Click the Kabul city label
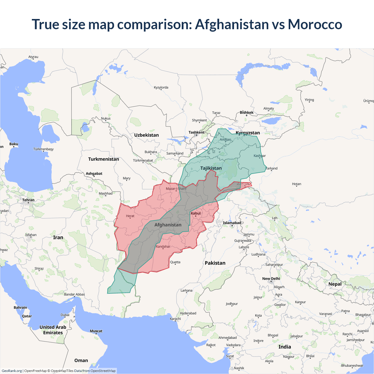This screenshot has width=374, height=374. click(x=196, y=213)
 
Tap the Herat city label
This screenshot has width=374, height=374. click(x=130, y=216)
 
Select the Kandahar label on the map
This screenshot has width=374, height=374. click(x=163, y=247)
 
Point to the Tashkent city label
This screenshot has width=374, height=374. click(x=196, y=132)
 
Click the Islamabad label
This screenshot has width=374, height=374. click(x=232, y=223)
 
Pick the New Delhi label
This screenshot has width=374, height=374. click(x=271, y=279)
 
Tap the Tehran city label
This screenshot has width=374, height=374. click(x=28, y=200)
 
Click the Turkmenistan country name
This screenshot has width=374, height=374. click(x=103, y=159)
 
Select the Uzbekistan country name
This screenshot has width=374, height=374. click(x=146, y=135)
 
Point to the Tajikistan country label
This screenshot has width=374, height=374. click(x=211, y=168)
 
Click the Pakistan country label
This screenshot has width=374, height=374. click(x=215, y=263)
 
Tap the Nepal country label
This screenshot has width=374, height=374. click(x=335, y=284)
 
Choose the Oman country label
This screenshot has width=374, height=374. click(x=81, y=361)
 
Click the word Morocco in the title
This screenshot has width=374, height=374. click(x=315, y=24)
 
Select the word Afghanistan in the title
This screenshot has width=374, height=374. click(x=232, y=24)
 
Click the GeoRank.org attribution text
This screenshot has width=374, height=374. click(x=12, y=371)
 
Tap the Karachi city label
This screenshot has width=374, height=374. click(x=175, y=319)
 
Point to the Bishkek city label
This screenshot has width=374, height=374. click(x=247, y=112)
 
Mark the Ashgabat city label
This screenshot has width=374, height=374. click(x=94, y=174)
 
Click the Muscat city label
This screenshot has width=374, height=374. click(x=96, y=331)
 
